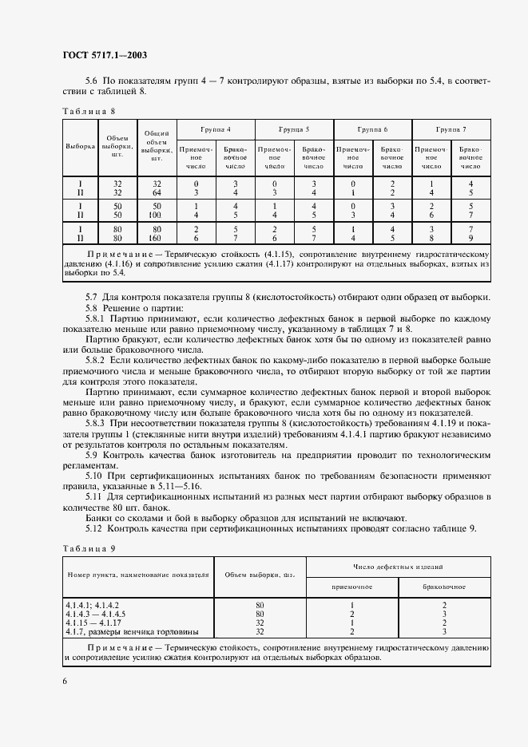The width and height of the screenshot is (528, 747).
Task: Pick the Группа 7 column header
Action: point(451,129)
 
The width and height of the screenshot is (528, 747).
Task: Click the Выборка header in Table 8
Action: point(80,147)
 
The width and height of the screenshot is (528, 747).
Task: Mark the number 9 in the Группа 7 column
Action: point(470,237)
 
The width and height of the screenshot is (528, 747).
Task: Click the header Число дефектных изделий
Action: point(399,566)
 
